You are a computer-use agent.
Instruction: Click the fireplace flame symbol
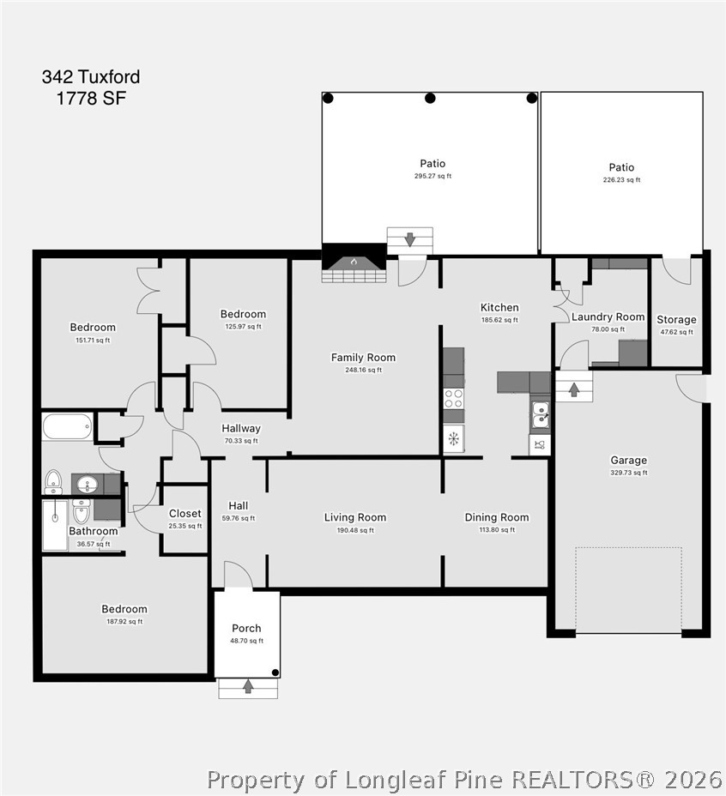tap(354, 262)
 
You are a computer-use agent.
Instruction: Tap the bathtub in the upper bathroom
tap(68, 427)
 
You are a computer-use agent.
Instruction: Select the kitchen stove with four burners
tap(454, 399)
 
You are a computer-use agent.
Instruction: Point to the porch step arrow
tap(248, 687)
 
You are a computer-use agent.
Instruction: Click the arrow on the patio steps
tap(410, 239)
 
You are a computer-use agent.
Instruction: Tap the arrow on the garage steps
tap(574, 390)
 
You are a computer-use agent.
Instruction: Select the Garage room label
tap(628, 461)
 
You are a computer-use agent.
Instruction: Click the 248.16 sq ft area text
tap(363, 370)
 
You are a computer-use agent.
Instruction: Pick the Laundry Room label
tap(608, 317)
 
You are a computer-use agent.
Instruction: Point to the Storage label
tap(676, 320)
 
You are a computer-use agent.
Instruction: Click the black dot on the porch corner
tap(275, 672)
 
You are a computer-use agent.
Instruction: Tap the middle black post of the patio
tap(430, 99)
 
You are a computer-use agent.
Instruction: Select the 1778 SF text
tap(91, 98)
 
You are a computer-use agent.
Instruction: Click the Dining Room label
tap(497, 517)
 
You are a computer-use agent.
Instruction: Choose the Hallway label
tap(241, 429)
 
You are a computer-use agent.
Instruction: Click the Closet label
tap(185, 514)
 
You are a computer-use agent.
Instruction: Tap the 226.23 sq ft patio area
tap(621, 180)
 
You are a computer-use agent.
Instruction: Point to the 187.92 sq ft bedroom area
tap(124, 621)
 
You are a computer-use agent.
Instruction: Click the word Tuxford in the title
tap(109, 76)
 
